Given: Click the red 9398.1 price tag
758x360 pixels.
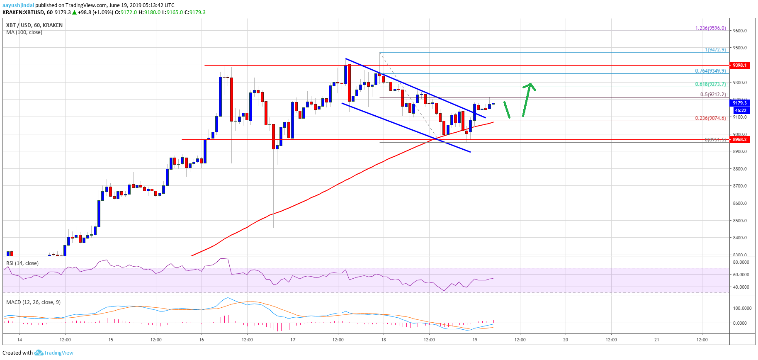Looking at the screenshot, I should pyautogui.click(x=739, y=65).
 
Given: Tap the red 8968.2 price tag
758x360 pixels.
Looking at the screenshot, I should pyautogui.click(x=739, y=139).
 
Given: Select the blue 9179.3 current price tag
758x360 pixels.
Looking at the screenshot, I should pyautogui.click(x=739, y=103).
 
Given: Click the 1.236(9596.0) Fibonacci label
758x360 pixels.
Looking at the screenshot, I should pyautogui.click(x=710, y=28).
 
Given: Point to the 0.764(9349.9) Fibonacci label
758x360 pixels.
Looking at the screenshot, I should pyautogui.click(x=710, y=71).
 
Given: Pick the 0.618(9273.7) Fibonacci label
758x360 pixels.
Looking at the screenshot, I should pyautogui.click(x=710, y=84).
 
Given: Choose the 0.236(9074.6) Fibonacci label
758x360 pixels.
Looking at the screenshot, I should pyautogui.click(x=710, y=118).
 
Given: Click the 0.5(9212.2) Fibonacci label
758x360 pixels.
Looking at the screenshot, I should pyautogui.click(x=713, y=95).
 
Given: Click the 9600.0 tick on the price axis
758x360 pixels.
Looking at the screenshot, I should pyautogui.click(x=740, y=31).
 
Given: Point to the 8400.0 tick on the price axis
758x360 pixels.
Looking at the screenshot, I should pyautogui.click(x=740, y=238).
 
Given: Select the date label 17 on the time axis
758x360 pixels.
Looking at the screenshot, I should pyautogui.click(x=293, y=340).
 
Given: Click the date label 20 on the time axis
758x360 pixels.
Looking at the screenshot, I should pyautogui.click(x=566, y=340).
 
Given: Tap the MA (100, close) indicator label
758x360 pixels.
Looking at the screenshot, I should pyautogui.click(x=24, y=32).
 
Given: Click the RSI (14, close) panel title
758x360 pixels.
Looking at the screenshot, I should pyautogui.click(x=22, y=263).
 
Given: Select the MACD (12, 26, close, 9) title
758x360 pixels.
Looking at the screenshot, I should pyautogui.click(x=33, y=302).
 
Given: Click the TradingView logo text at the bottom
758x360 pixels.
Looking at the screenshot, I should pyautogui.click(x=58, y=353).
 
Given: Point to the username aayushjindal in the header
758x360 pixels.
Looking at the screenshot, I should pyautogui.click(x=18, y=5).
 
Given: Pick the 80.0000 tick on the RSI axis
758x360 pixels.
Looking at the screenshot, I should pyautogui.click(x=741, y=262).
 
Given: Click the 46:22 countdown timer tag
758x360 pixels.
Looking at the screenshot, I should pyautogui.click(x=740, y=110).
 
